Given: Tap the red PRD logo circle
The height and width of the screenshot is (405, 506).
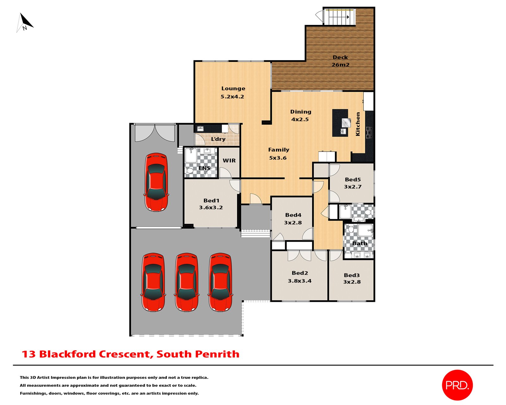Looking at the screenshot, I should point(457,385).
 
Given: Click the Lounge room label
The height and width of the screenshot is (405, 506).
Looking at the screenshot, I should point(233,89).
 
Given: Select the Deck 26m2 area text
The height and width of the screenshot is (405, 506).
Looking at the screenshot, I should point(340,65).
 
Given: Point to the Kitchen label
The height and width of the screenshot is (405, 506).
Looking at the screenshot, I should point(358,124).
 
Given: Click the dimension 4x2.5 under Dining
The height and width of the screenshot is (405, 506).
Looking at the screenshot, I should point(300,119).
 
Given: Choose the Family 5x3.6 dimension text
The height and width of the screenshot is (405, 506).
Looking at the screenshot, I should point(278,158).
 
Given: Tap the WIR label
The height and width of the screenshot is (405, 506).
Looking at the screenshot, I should point(229,160).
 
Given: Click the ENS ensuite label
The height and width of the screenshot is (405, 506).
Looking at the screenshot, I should point(204,168).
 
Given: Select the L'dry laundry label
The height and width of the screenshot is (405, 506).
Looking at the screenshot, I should point(218,139).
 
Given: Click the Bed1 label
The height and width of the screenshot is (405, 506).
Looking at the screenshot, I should point(211,201).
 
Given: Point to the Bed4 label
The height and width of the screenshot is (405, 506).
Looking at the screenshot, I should point(293,215).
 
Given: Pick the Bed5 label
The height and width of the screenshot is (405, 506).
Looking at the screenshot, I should point(353,179).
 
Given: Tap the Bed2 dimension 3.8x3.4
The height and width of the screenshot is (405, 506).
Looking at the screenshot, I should point(299,281).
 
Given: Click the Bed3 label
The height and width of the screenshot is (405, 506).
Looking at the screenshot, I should point(352,275).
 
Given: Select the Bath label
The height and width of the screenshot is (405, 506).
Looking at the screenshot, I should point(360,243).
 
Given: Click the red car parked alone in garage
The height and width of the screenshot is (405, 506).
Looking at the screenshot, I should point(156,182).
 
